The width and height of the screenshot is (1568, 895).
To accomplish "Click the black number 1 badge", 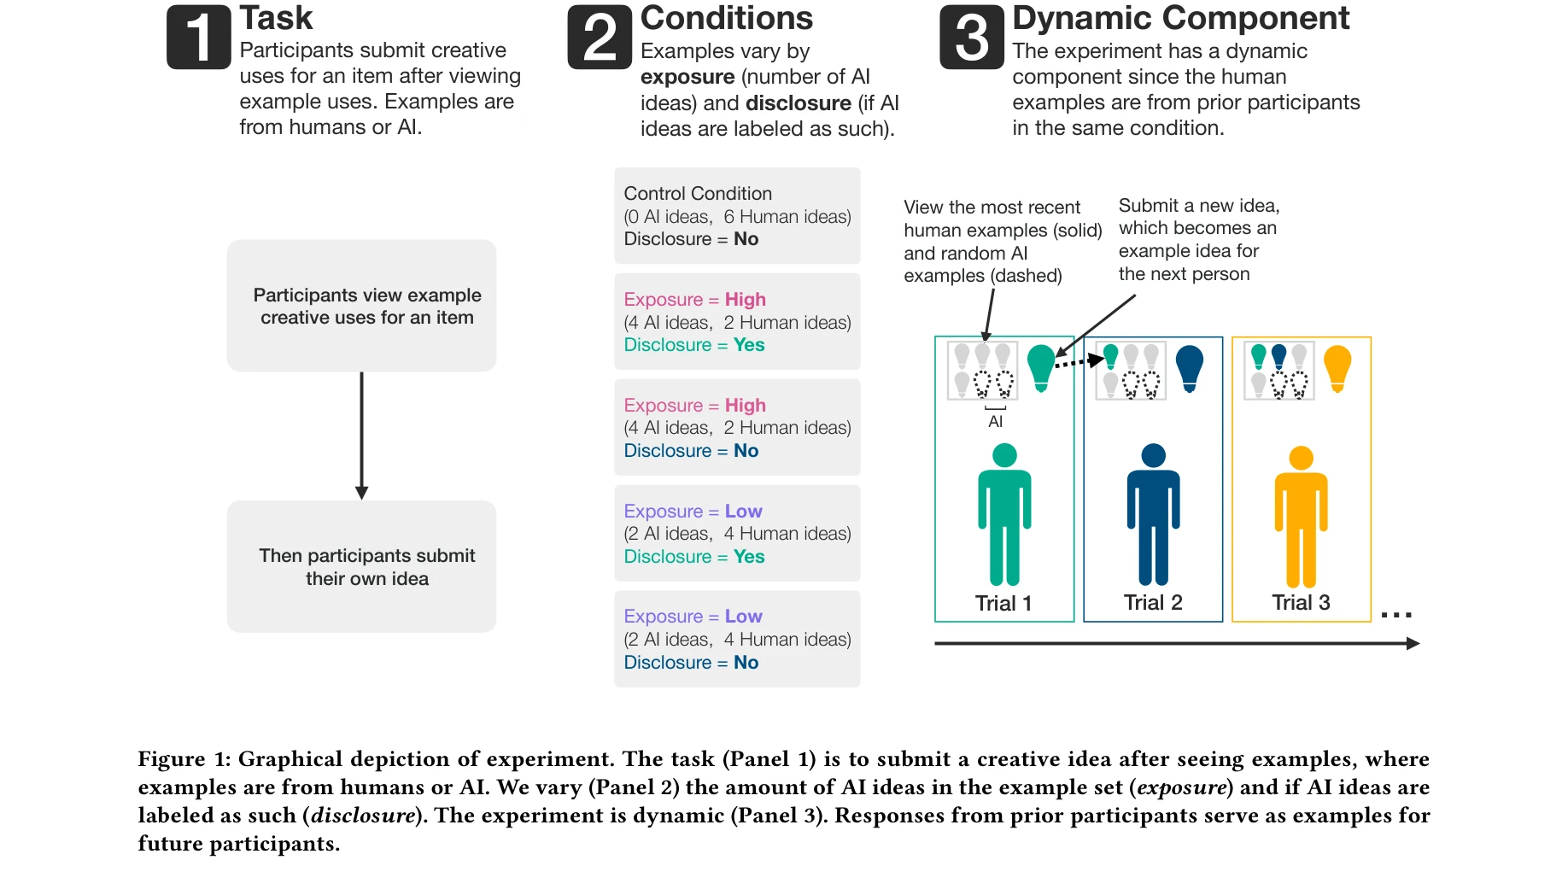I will (198, 38).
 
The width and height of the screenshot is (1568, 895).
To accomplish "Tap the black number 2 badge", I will (600, 38).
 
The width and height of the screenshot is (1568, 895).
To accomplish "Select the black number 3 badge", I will (972, 38).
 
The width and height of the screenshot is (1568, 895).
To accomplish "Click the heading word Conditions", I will (726, 18).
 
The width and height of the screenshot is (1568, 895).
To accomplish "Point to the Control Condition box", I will (737, 216).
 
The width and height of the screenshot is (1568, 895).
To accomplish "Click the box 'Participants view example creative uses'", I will (361, 306).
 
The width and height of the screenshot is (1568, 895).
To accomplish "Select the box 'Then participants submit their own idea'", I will (361, 566).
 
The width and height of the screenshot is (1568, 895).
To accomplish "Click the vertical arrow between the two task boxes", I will (361, 436).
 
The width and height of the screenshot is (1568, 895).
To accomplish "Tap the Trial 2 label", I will (1153, 603).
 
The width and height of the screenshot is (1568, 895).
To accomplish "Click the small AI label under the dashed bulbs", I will (995, 422).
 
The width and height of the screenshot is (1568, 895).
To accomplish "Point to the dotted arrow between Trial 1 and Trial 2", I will (1079, 362).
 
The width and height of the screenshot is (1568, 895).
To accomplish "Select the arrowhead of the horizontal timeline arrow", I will (1413, 643).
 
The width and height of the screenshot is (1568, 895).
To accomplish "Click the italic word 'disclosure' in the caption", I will (363, 816).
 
